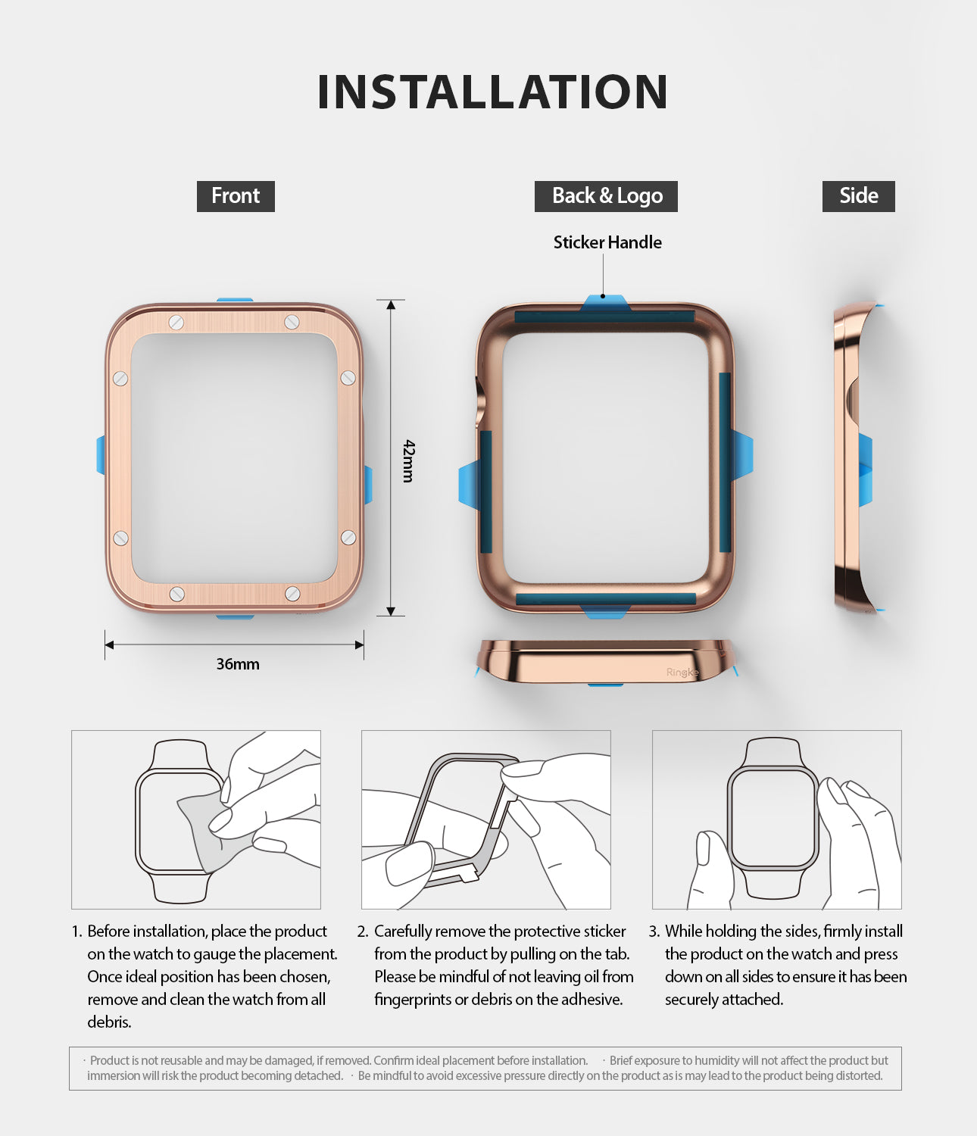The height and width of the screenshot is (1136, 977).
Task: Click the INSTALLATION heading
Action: click(492, 92)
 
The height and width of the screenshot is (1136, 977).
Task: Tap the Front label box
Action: click(236, 196)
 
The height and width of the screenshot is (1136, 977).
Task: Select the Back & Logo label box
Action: click(607, 196)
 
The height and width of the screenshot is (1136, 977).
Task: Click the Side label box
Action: click(858, 196)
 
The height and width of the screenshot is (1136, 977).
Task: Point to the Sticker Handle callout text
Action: click(607, 242)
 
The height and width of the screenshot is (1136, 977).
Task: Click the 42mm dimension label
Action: click(408, 460)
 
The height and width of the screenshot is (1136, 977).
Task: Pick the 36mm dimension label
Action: click(238, 664)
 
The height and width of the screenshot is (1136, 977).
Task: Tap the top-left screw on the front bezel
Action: click(176, 323)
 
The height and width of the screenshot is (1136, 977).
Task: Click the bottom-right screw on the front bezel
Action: click(292, 594)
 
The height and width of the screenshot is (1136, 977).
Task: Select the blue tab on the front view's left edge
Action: click(101, 455)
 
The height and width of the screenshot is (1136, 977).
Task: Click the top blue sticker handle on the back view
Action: click(604, 303)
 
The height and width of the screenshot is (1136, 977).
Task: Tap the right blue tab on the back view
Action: click(742, 455)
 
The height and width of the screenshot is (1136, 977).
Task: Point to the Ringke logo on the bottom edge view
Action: click(682, 672)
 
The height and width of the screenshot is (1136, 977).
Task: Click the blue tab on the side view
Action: click(866, 470)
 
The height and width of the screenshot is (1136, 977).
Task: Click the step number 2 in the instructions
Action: click(362, 932)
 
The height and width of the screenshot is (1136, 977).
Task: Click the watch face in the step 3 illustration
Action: click(773, 818)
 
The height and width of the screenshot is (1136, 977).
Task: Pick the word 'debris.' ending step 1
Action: click(109, 1022)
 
